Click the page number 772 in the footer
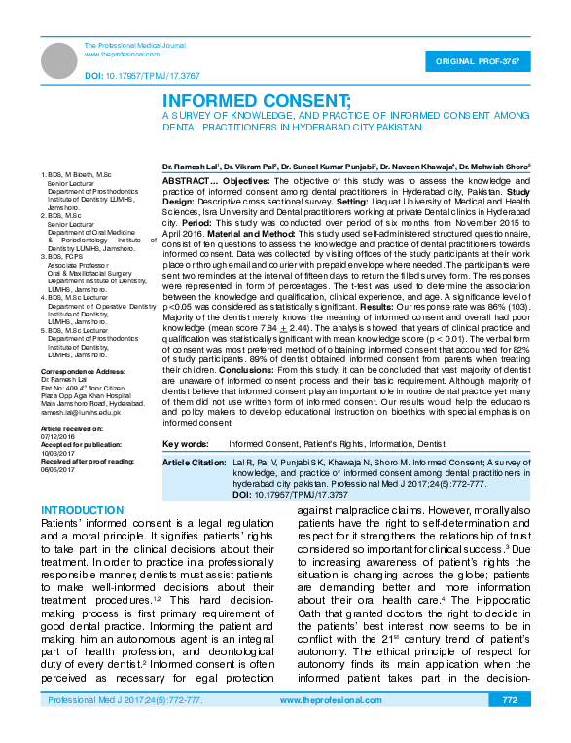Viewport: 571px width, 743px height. [510, 727]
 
